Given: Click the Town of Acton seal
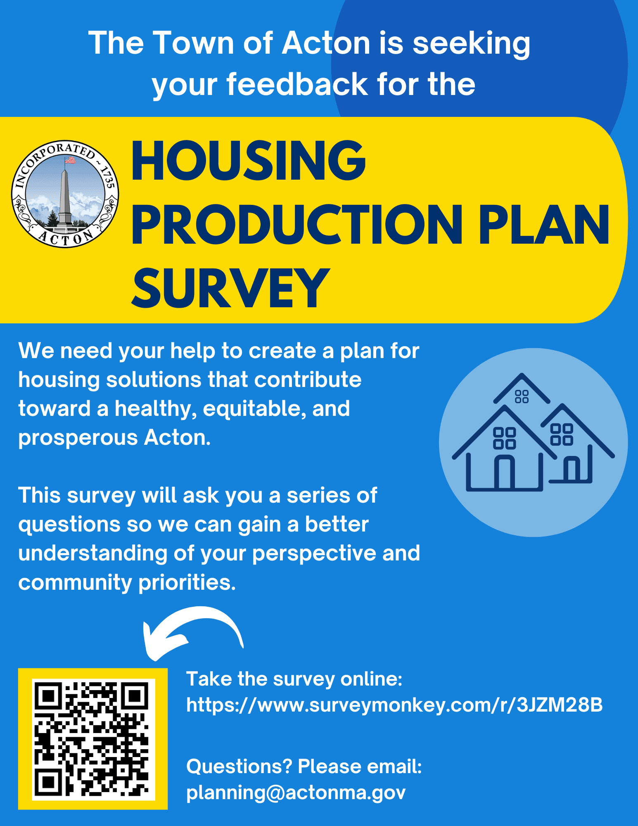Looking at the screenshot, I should pyautogui.click(x=65, y=194).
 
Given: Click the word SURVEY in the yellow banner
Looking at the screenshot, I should pyautogui.click(x=230, y=287).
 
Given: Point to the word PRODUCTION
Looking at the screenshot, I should pyautogui.click(x=296, y=225).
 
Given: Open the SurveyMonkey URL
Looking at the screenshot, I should pyautogui.click(x=394, y=705).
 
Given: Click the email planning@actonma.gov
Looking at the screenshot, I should pyautogui.click(x=296, y=792).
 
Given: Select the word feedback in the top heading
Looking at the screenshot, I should pyautogui.click(x=297, y=84).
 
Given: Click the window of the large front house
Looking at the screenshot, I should pyautogui.click(x=505, y=438).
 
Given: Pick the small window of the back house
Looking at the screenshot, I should pyautogui.click(x=522, y=396).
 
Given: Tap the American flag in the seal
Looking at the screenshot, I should pyautogui.click(x=70, y=160).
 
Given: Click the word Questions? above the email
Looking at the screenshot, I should pyautogui.click(x=239, y=767).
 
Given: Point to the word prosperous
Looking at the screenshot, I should pyautogui.click(x=78, y=438).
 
